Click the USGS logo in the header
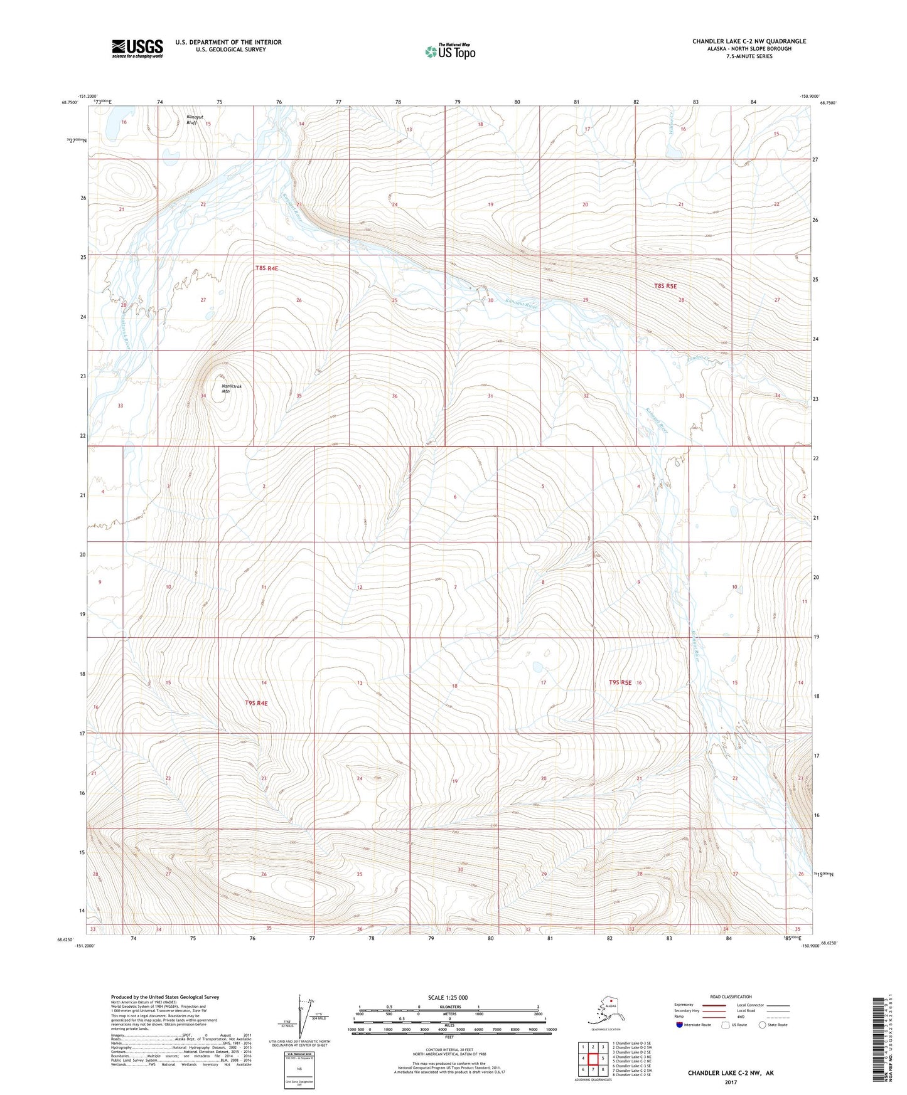[137, 48]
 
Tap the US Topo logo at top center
[449, 51]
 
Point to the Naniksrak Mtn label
[231, 389]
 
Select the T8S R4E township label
[266, 268]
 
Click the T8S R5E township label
[665, 285]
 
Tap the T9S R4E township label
[256, 704]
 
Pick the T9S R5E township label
[620, 682]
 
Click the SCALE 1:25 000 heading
[448, 997]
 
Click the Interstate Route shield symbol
[679, 1025]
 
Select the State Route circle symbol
[763, 1025]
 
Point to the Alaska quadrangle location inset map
[605, 1013]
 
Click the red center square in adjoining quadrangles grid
[593, 1059]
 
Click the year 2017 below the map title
[730, 1082]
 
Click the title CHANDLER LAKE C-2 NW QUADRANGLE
[749, 41]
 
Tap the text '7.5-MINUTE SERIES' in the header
[749, 56]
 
